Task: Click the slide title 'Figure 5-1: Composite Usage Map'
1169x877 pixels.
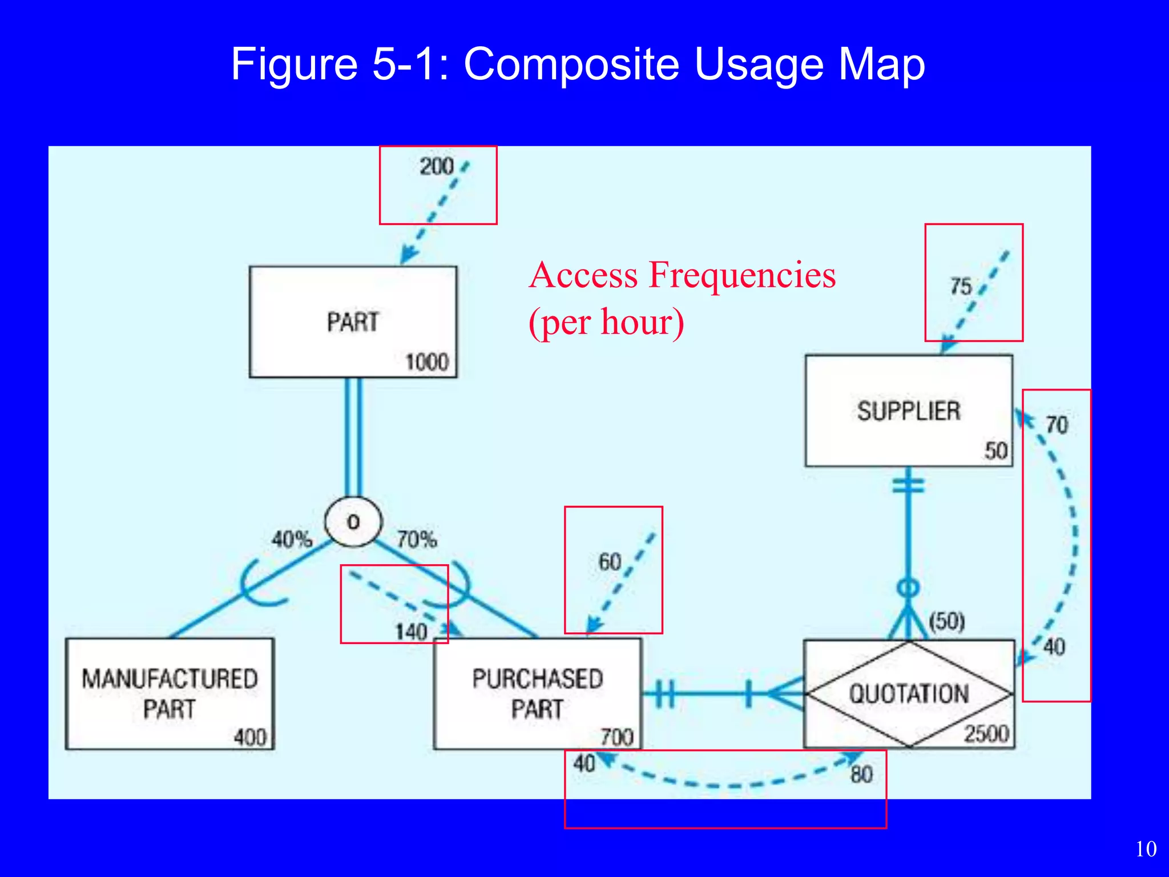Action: pyautogui.click(x=578, y=64)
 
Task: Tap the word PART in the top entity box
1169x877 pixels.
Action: pyautogui.click(x=352, y=322)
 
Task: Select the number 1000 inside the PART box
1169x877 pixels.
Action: pyautogui.click(x=426, y=362)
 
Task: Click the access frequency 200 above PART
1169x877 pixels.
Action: pyautogui.click(x=436, y=166)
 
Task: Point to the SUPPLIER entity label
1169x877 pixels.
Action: pyautogui.click(x=908, y=411)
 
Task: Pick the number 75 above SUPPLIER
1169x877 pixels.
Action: pyautogui.click(x=960, y=286)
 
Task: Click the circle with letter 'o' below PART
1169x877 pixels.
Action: pyautogui.click(x=353, y=522)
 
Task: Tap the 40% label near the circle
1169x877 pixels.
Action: pyautogui.click(x=292, y=539)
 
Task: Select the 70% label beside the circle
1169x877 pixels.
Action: pyautogui.click(x=417, y=539)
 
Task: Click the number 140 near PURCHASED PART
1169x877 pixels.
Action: pyautogui.click(x=411, y=631)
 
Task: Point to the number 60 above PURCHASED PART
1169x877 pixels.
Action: pyautogui.click(x=609, y=562)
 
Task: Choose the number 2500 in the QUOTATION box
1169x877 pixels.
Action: pyautogui.click(x=986, y=734)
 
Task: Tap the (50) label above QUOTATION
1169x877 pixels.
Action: pyautogui.click(x=946, y=621)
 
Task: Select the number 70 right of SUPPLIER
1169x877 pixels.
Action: pyautogui.click(x=1056, y=425)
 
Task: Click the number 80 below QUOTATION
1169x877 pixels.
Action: pyautogui.click(x=861, y=775)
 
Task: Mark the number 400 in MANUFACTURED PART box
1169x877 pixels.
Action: pyautogui.click(x=250, y=737)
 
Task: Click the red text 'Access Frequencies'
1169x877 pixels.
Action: pyautogui.click(x=682, y=275)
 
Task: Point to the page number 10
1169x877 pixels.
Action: pyautogui.click(x=1146, y=849)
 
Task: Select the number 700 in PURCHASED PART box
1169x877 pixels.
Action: pyautogui.click(x=616, y=737)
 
